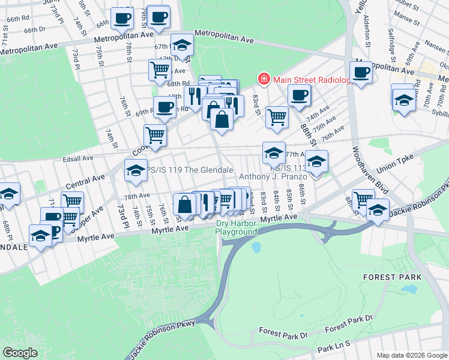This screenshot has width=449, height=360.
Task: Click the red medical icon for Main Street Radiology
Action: [x=263, y=79]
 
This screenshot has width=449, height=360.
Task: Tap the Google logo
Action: [x=21, y=352]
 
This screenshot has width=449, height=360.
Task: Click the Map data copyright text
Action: [x=411, y=355]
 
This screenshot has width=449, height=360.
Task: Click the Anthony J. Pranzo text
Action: [x=273, y=177]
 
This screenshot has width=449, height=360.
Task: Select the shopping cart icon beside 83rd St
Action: [x=276, y=117]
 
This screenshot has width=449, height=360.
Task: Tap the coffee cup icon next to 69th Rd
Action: [x=164, y=107]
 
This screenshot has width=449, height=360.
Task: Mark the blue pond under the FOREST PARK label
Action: [x=410, y=290]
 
